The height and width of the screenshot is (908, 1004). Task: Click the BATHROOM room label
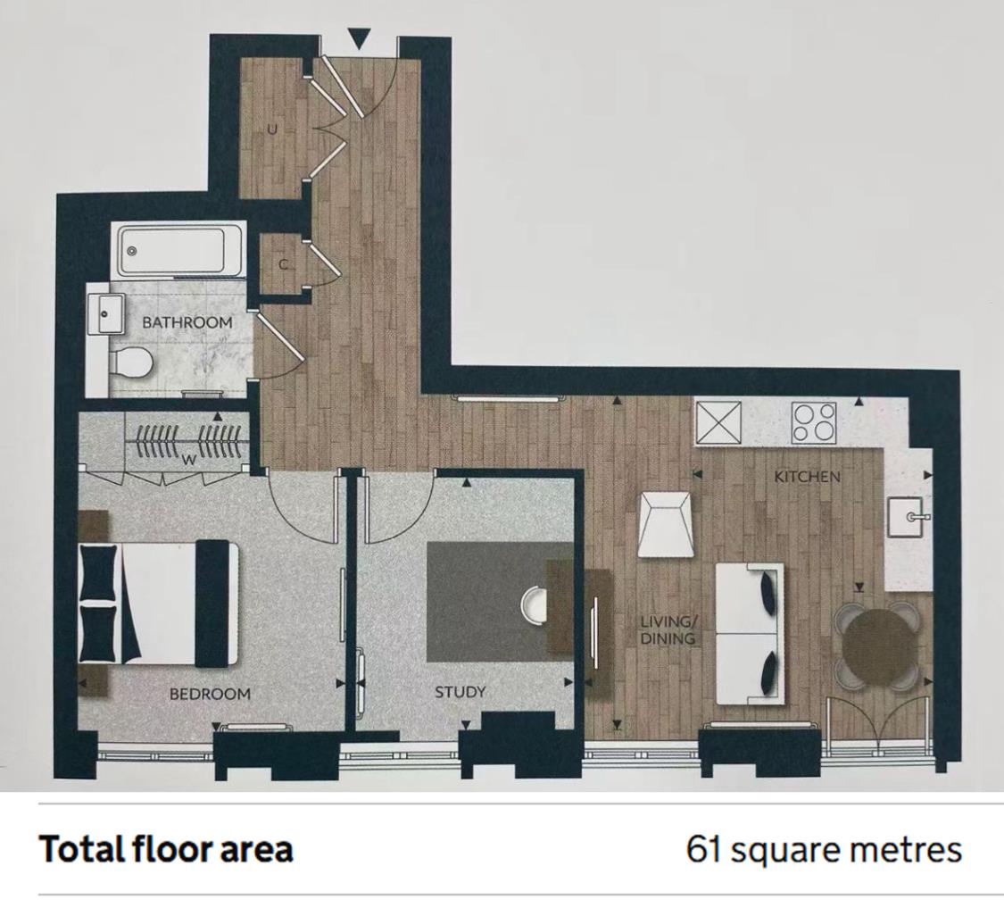[x=187, y=322]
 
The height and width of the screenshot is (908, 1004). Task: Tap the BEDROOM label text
[x=210, y=694]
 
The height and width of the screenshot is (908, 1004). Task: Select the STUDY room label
[x=461, y=692]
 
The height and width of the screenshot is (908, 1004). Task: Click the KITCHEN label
[x=807, y=477]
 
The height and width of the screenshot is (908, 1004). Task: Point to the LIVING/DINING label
[x=668, y=630]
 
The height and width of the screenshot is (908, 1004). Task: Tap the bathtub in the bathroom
[x=178, y=251]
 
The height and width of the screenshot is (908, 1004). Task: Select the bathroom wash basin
[x=106, y=314]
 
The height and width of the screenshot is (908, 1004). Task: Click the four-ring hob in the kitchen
[x=814, y=422]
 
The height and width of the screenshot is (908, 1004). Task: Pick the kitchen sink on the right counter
[x=908, y=516]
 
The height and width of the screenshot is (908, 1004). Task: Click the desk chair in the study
[x=534, y=604]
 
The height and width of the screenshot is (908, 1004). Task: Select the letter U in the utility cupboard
[x=273, y=130]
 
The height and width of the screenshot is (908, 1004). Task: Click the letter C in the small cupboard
[x=283, y=264]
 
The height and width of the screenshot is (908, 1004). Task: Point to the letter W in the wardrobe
[x=189, y=460]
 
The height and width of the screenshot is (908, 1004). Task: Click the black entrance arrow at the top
[x=360, y=40]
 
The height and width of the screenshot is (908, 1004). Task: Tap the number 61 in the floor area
[x=704, y=850]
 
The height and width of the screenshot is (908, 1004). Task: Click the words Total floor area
[x=167, y=850]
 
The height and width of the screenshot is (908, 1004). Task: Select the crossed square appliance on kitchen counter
[x=718, y=422]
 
